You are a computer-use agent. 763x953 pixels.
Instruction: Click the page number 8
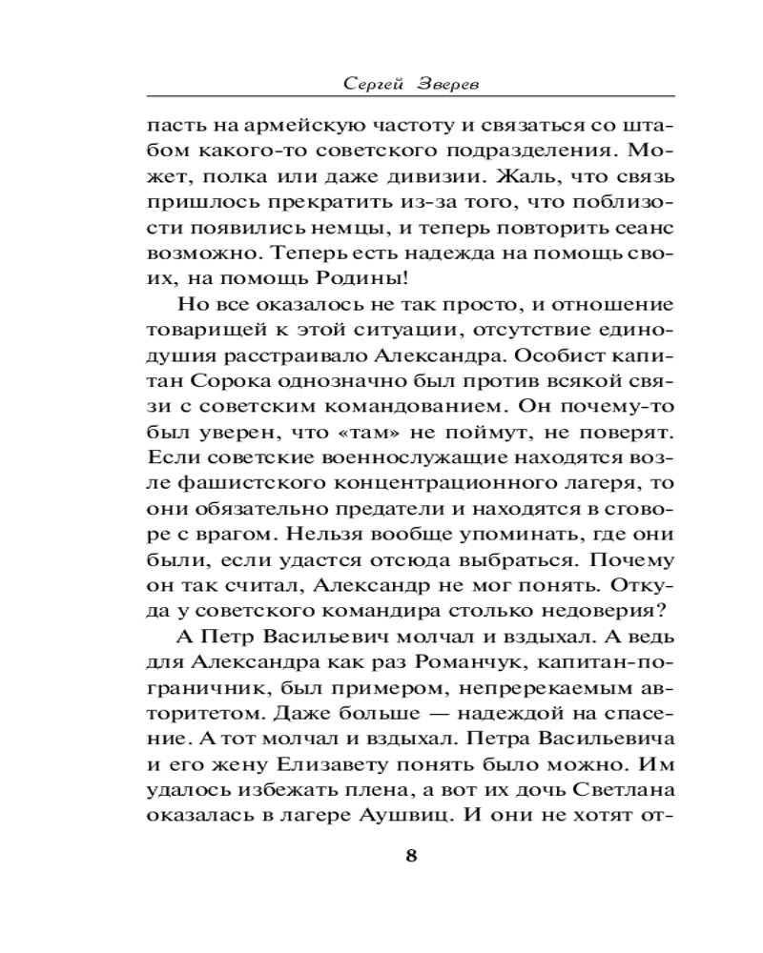(411, 853)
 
